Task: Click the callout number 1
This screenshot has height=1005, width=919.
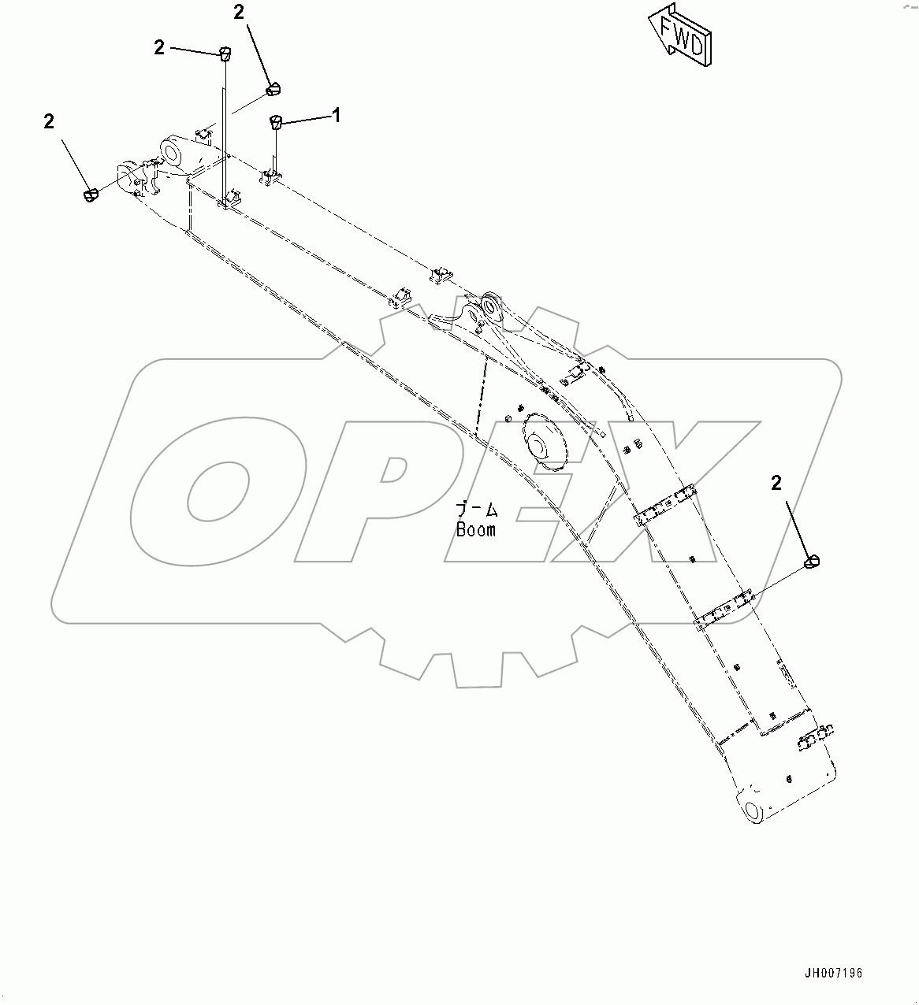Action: [337, 116]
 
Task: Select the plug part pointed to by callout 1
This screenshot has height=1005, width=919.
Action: [277, 121]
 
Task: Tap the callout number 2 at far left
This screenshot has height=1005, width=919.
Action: [50, 121]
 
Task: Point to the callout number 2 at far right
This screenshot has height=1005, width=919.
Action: [776, 483]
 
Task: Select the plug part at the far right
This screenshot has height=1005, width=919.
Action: [813, 562]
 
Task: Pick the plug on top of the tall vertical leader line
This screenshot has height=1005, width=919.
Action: [224, 54]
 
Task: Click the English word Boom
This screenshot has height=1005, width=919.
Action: [476, 530]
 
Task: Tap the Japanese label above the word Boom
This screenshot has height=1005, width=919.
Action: [477, 510]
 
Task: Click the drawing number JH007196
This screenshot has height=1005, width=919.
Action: [833, 973]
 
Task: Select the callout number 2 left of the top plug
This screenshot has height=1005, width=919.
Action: [160, 48]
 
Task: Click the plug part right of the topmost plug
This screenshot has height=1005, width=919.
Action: [273, 88]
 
